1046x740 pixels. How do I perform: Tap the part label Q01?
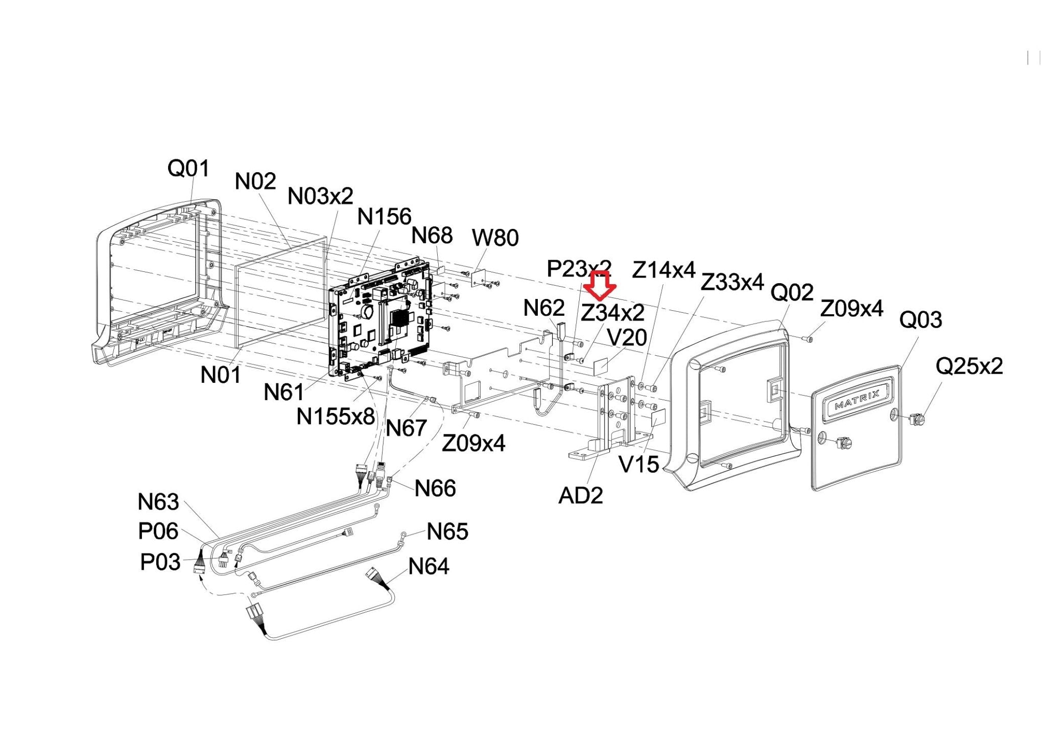click(188, 168)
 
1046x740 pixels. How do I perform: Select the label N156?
click(384, 217)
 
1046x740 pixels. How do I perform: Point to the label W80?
click(495, 238)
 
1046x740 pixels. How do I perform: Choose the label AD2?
click(581, 495)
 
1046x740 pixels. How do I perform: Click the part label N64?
click(429, 566)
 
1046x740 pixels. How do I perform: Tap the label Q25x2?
click(969, 366)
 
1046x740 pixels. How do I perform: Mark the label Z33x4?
click(732, 282)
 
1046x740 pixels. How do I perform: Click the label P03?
click(160, 563)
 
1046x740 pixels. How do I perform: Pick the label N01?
click(220, 375)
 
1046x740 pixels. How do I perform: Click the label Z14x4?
click(663, 270)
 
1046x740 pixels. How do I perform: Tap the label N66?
click(435, 489)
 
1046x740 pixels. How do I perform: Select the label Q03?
click(920, 320)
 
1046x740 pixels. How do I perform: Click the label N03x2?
click(320, 196)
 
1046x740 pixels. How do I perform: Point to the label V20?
click(627, 338)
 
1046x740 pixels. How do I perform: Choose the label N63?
click(158, 502)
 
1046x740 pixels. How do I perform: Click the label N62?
click(544, 308)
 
